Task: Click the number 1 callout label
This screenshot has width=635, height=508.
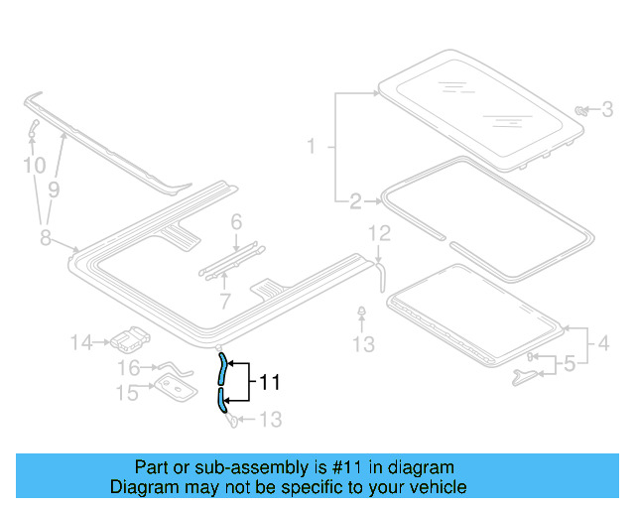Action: [311, 147]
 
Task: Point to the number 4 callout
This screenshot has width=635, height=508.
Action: [603, 345]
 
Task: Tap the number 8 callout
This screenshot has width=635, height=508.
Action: [45, 236]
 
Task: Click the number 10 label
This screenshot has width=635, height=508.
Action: [33, 165]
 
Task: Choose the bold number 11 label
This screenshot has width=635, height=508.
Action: [270, 381]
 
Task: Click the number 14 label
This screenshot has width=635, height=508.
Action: [82, 343]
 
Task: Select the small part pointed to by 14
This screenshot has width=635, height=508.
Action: [127, 340]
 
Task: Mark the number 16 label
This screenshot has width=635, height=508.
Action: [129, 368]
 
